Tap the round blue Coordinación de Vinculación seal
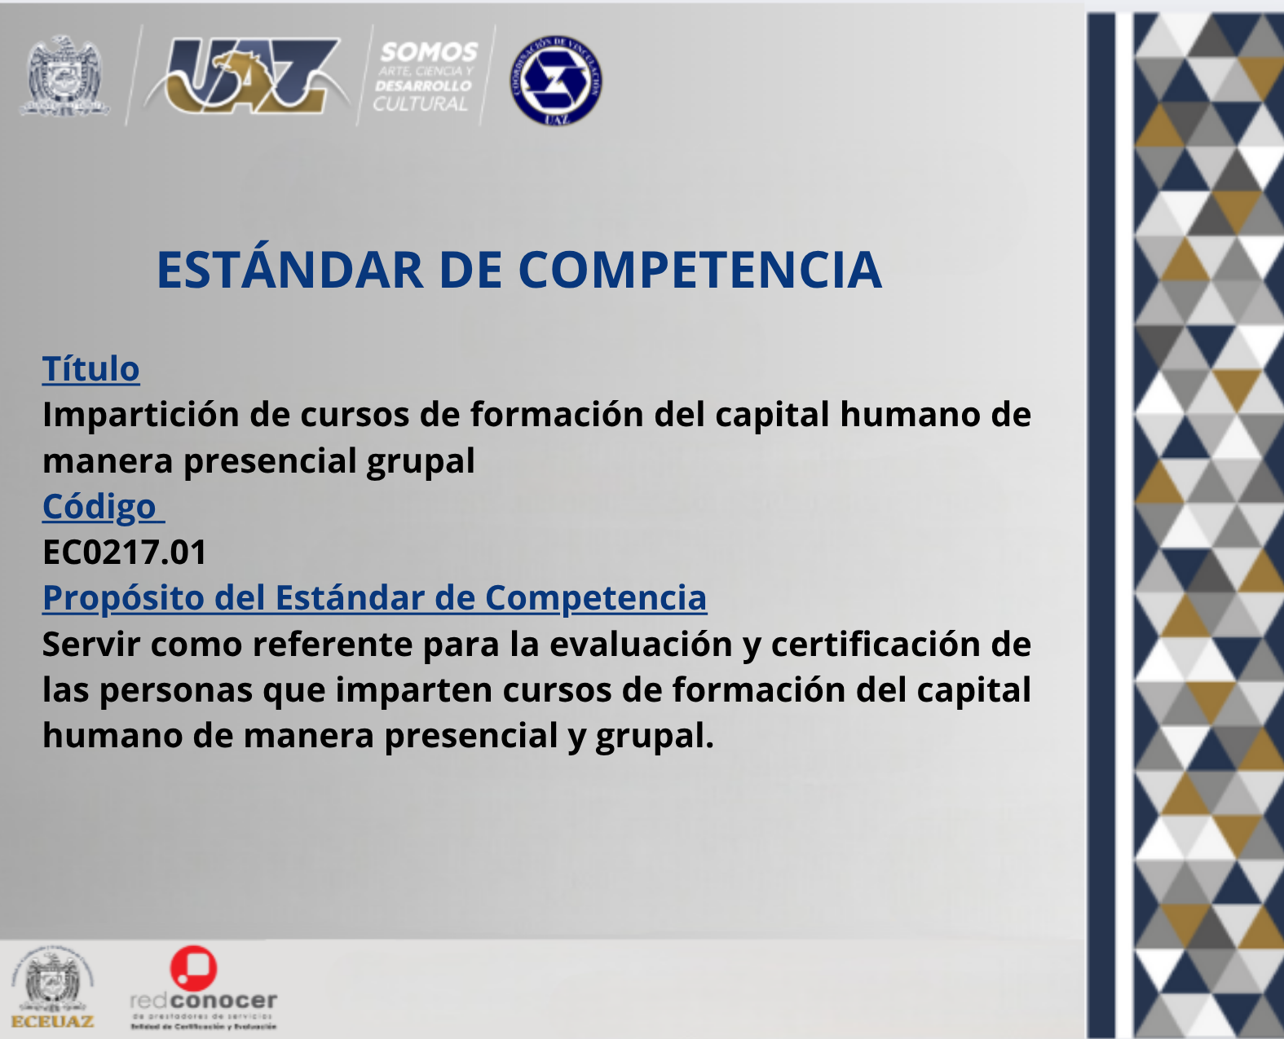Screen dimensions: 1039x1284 tap(556, 80)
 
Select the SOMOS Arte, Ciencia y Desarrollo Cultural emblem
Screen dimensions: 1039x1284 tap(426, 77)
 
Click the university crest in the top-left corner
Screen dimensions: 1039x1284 tap(64, 76)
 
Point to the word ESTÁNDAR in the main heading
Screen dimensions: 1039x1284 tap(289, 270)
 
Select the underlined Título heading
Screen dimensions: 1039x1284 tap(90, 369)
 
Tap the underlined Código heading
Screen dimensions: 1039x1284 tap(99, 507)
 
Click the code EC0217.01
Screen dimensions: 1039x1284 tap(125, 553)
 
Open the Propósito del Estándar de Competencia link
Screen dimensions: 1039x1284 tap(374, 598)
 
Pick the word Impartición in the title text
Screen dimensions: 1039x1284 tap(140, 415)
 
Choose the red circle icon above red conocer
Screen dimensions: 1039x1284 tap(193, 967)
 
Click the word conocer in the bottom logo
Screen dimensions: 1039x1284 tap(224, 1001)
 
